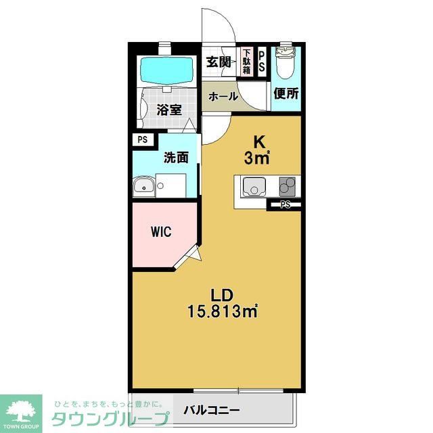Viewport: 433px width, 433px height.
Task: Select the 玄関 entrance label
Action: coord(219,63)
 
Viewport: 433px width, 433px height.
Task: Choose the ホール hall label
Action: coord(223,97)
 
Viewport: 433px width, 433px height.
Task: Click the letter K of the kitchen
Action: coord(258,143)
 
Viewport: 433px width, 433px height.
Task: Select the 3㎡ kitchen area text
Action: coord(258,159)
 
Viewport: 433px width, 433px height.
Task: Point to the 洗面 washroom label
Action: coord(176,158)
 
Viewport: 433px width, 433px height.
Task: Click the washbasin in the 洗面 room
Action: coord(143,186)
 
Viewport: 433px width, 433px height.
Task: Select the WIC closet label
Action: coord(161,232)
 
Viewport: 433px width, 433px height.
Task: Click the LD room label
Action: coord(222,296)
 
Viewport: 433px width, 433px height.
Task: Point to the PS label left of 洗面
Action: coord(143,140)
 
